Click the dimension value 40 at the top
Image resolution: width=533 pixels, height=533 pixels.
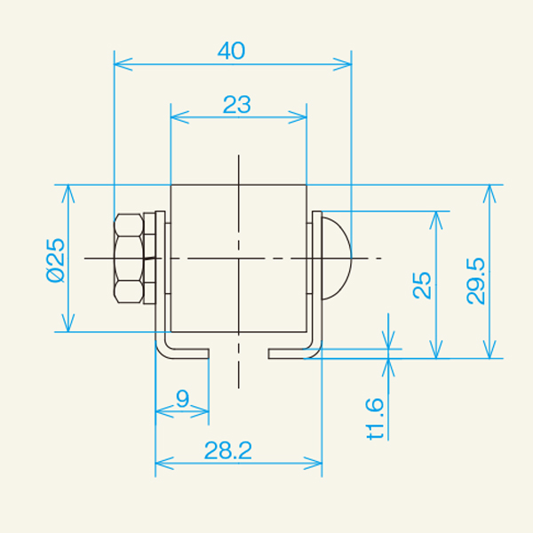pyautogui.click(x=231, y=52)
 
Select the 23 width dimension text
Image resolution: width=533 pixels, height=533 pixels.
pyautogui.click(x=236, y=105)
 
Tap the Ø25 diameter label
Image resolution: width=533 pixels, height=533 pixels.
pyautogui.click(x=55, y=259)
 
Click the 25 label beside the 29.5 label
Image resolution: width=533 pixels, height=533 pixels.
pyautogui.click(x=423, y=284)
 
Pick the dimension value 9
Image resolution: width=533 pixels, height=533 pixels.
pyautogui.click(x=182, y=399)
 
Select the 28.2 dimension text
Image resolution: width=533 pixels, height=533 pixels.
pyautogui.click(x=228, y=450)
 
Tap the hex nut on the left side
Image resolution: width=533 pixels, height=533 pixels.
pyautogui.click(x=129, y=259)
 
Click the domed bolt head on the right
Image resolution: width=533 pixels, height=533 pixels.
pyautogui.click(x=336, y=258)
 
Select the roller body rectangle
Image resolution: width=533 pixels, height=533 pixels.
pyautogui.click(x=238, y=258)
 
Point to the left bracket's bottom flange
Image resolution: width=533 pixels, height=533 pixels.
pyautogui.click(x=185, y=354)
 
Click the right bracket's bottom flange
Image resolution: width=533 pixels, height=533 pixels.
pyautogui.click(x=291, y=354)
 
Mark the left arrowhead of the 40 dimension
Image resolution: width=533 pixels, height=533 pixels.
pyautogui.click(x=121, y=63)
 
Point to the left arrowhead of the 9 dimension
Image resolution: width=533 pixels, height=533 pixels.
pyautogui.click(x=162, y=411)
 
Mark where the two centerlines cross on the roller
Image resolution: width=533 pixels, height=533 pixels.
pyautogui.click(x=238, y=258)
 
